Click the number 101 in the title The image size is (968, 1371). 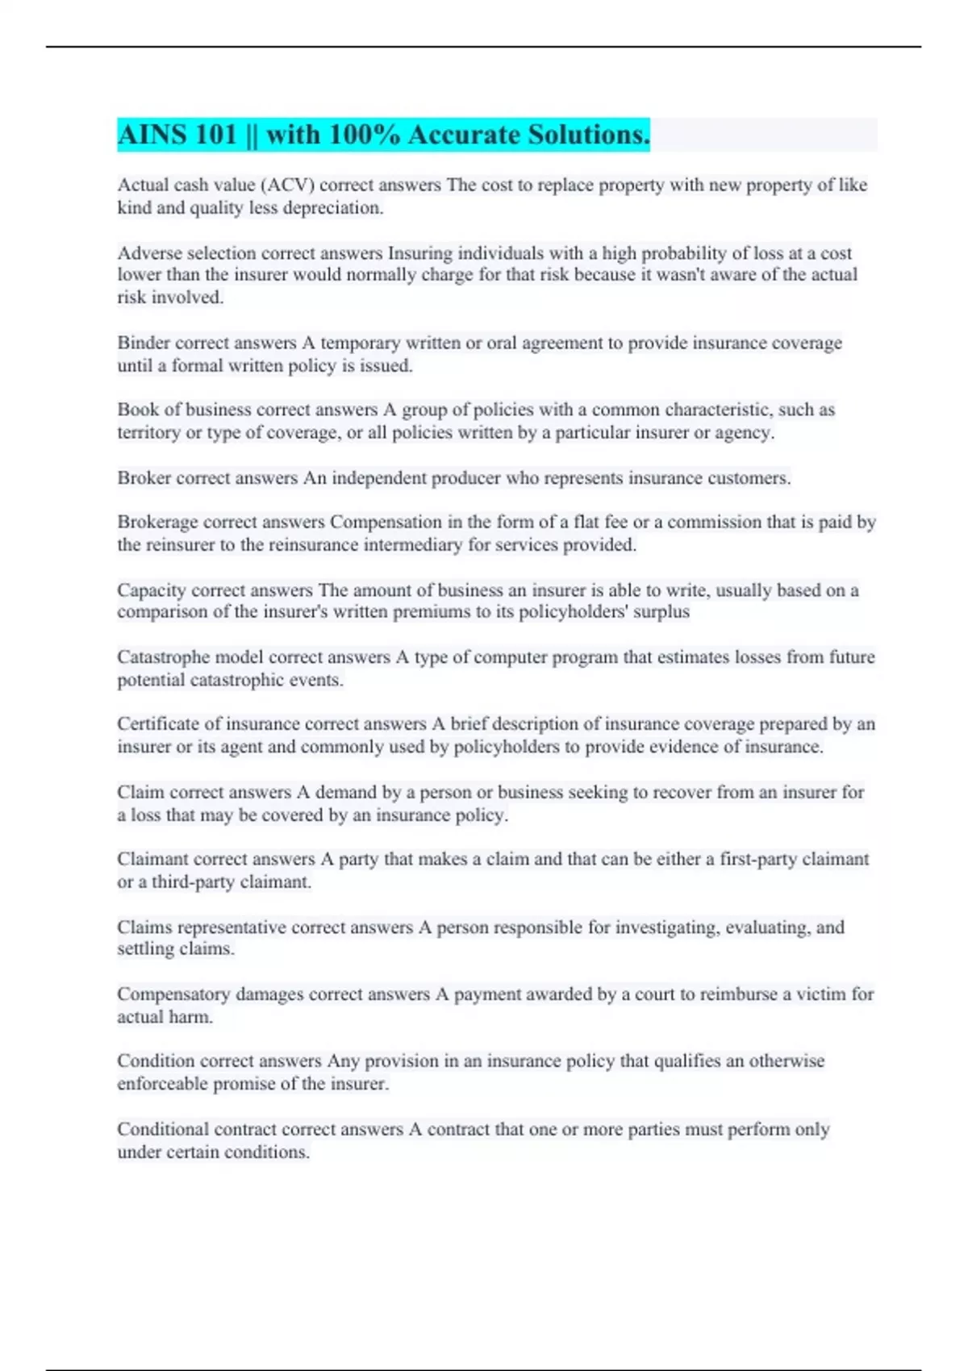[215, 135]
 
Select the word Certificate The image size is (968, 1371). [158, 724]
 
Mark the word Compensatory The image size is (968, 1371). [173, 994]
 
